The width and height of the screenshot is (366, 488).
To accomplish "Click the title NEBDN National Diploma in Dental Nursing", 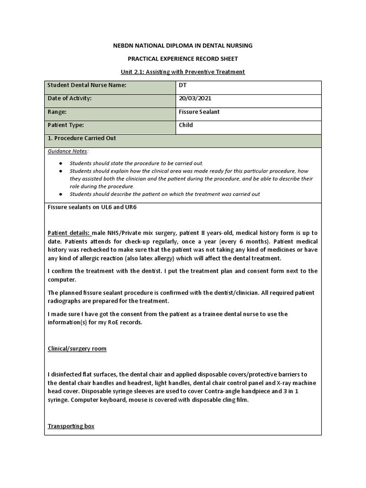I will click(183, 46).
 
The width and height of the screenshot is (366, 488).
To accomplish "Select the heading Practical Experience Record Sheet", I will click(183, 59).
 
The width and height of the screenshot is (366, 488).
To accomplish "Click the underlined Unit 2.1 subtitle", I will click(183, 72).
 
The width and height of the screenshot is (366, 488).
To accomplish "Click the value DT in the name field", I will click(183, 85).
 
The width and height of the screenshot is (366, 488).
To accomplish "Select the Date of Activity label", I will click(69, 99).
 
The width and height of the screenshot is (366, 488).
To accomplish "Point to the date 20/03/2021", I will click(195, 99).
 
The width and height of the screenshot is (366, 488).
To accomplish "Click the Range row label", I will click(57, 112).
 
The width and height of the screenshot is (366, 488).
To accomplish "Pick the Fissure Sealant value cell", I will click(199, 112).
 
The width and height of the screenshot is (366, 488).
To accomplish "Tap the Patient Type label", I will click(66, 125).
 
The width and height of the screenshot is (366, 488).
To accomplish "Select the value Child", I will click(185, 125).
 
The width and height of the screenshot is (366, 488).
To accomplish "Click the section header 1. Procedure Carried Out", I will click(82, 138).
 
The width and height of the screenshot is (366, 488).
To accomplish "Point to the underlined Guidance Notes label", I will click(67, 151).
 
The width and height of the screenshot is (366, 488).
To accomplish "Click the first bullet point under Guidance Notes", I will click(136, 163).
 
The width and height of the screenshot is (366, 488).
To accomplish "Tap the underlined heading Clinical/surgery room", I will click(77, 349).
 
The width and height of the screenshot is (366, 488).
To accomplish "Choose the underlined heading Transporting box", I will click(71, 426).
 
